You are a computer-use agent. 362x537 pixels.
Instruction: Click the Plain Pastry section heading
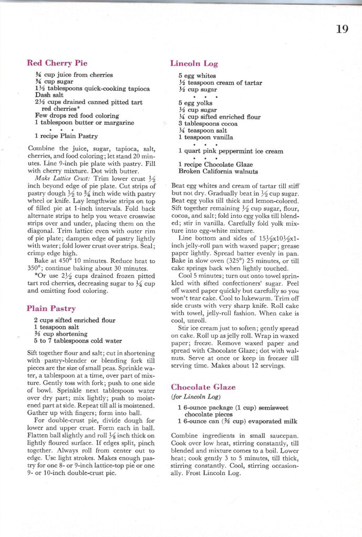point(51,308)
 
